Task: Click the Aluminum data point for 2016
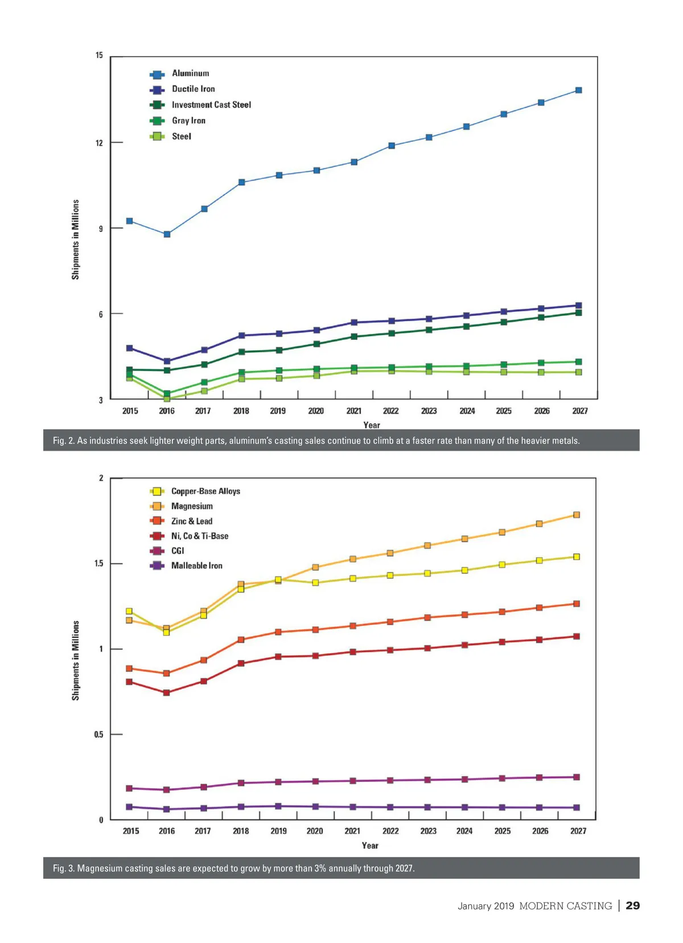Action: click(x=167, y=234)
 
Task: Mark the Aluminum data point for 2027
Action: click(x=579, y=90)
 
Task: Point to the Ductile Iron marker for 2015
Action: click(x=130, y=348)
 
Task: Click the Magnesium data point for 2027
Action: click(x=577, y=515)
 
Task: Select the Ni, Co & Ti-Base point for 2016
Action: click(x=166, y=693)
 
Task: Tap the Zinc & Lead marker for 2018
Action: click(x=241, y=640)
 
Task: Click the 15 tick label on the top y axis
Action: click(x=100, y=56)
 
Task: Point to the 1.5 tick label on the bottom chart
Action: click(x=99, y=563)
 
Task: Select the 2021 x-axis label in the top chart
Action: click(x=353, y=411)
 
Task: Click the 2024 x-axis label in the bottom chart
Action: click(x=464, y=831)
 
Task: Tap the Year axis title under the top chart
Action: click(x=372, y=425)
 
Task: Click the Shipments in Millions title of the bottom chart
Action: click(x=76, y=661)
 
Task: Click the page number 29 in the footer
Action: click(x=633, y=905)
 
